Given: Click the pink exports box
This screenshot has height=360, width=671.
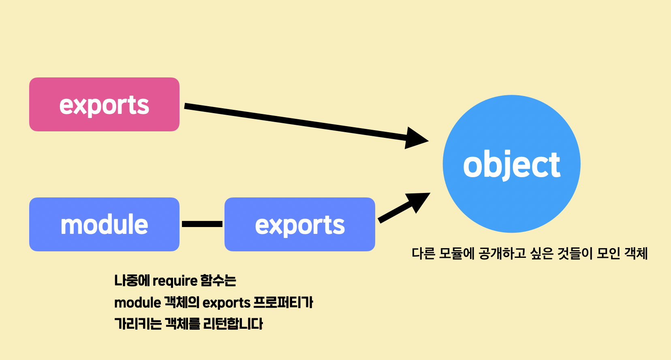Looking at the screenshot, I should [x=104, y=105].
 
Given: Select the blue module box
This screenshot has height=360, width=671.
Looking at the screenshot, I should [x=104, y=224].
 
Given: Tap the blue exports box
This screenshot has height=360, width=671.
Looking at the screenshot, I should [x=300, y=224].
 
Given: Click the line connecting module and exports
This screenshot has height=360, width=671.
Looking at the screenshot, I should [x=202, y=224].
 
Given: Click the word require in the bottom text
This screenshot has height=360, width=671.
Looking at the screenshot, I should [x=175, y=281].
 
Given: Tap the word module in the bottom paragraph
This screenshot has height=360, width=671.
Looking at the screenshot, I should [x=137, y=302].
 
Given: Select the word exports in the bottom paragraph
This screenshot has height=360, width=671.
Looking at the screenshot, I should [x=226, y=302].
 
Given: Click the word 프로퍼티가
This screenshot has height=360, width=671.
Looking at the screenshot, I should [x=283, y=302].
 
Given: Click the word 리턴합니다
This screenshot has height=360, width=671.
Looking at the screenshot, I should [x=233, y=324].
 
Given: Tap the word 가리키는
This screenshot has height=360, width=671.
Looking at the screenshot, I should [x=138, y=324].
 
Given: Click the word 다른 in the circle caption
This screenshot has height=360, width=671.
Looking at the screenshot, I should [x=423, y=253].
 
